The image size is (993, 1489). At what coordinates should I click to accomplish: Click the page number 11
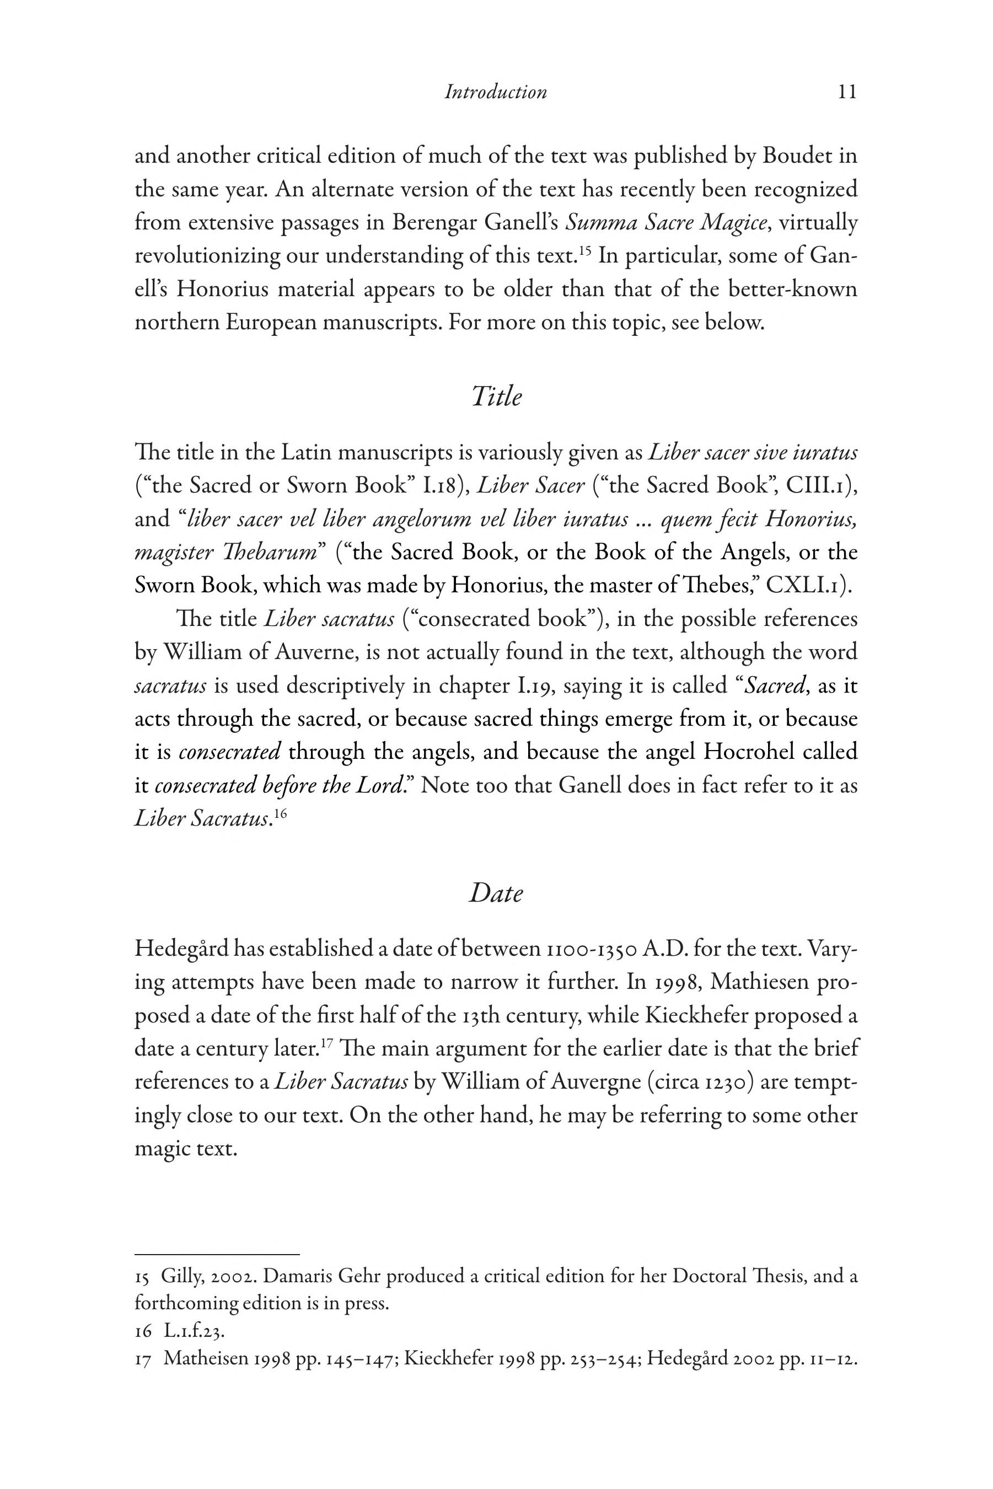click(x=847, y=93)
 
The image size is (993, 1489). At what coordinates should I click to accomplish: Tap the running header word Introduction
click(x=495, y=93)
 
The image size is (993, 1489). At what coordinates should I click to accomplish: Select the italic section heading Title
click(x=496, y=397)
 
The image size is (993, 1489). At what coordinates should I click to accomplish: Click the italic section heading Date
click(x=496, y=893)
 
